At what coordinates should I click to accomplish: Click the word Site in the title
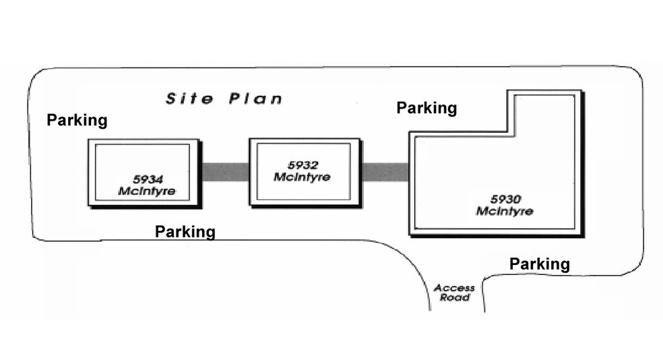[190, 99]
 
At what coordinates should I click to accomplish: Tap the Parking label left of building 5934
[77, 121]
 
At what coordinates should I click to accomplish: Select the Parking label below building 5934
[185, 232]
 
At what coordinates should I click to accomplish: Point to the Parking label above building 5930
[427, 108]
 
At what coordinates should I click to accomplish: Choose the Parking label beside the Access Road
[540, 264]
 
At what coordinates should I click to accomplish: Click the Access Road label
[454, 293]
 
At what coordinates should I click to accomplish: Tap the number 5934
[148, 180]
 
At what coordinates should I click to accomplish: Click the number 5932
[302, 166]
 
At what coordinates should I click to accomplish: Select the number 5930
[505, 200]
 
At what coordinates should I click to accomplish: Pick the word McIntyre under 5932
[302, 177]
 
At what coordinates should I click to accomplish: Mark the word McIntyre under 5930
[505, 212]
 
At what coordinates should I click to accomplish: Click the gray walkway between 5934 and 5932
[224, 172]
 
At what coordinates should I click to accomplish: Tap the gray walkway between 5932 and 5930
[385, 172]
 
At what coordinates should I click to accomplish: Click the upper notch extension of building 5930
[546, 111]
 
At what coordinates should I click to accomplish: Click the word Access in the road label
[454, 288]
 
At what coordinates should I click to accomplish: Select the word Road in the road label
[454, 297]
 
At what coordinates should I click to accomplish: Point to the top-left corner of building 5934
[88, 140]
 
